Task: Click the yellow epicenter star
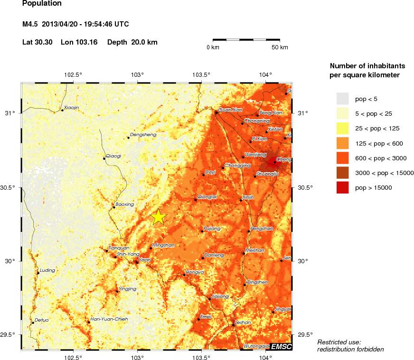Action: (159, 217)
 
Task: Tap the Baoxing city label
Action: (125, 204)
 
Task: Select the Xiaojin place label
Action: (71, 108)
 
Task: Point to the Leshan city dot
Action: (233, 325)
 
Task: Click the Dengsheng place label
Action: (143, 135)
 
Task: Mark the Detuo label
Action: (42, 320)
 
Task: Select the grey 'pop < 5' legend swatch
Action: (342, 99)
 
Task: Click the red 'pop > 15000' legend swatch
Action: (342, 188)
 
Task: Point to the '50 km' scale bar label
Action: (280, 48)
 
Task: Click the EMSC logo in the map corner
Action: (281, 347)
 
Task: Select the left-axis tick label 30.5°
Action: (9, 187)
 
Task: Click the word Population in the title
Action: (42, 4)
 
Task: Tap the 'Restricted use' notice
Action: (339, 342)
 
